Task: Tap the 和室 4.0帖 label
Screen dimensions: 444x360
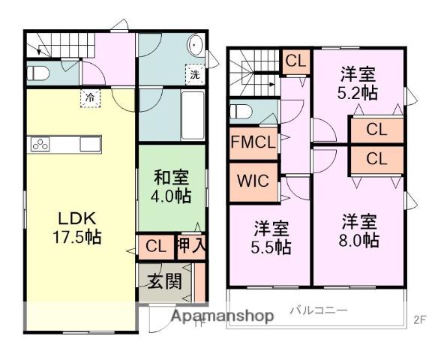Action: click(171, 186)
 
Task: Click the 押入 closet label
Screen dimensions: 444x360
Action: click(191, 245)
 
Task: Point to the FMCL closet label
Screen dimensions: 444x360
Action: click(253, 142)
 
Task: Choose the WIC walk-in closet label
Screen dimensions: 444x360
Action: click(253, 181)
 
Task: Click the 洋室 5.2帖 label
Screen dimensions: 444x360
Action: click(358, 82)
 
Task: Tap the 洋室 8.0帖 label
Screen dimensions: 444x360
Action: click(359, 231)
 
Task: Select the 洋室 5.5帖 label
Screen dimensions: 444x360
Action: click(271, 237)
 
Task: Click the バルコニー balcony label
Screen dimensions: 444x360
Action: click(318, 310)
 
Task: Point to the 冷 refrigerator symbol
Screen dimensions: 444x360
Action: click(90, 98)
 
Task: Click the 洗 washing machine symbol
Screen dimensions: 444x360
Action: click(195, 74)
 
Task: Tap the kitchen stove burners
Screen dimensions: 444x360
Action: click(40, 145)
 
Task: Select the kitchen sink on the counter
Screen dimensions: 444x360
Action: click(90, 145)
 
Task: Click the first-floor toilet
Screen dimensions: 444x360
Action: click(38, 73)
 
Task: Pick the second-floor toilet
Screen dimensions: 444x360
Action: click(241, 112)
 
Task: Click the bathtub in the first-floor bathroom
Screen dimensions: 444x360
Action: click(193, 115)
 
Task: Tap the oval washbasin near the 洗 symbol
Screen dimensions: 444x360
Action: click(195, 45)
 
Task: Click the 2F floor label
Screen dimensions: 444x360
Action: click(420, 319)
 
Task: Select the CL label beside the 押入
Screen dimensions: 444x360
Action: click(156, 247)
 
